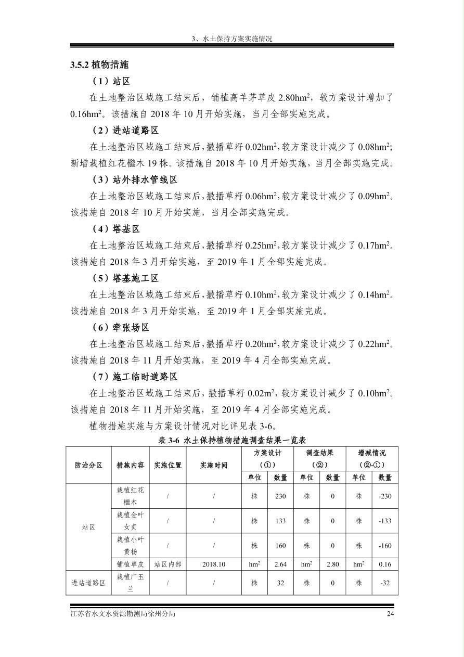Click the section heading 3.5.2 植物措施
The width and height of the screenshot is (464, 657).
pyautogui.click(x=99, y=65)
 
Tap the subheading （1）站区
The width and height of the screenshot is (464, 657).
pyautogui.click(x=111, y=81)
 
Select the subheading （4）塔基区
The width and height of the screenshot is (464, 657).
pyautogui.click(x=116, y=229)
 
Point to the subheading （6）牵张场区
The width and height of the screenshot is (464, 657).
pyautogui.click(x=121, y=327)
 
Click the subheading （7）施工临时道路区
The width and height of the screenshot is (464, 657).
pyautogui.click(x=135, y=377)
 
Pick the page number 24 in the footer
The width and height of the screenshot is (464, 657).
pyautogui.click(x=390, y=614)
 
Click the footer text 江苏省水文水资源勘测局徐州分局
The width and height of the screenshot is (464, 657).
pyautogui.click(x=123, y=614)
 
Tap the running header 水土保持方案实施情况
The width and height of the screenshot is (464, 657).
pyautogui.click(x=232, y=39)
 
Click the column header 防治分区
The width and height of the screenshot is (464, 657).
pyautogui.click(x=88, y=465)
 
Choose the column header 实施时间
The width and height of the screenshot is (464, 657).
pyautogui.click(x=213, y=465)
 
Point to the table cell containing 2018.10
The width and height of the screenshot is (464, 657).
pyautogui.click(x=213, y=564)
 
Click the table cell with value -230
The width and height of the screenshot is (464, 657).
pyautogui.click(x=385, y=496)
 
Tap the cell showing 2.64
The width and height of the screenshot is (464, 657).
pyautogui.click(x=280, y=564)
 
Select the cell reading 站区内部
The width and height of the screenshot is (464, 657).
pyautogui.click(x=167, y=564)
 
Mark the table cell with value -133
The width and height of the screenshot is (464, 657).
pyautogui.click(x=385, y=521)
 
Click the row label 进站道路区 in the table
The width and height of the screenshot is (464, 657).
pyautogui.click(x=88, y=583)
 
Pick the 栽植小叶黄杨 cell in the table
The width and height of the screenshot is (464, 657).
pyautogui.click(x=130, y=546)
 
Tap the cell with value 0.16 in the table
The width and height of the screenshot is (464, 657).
pyautogui.click(x=385, y=564)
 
